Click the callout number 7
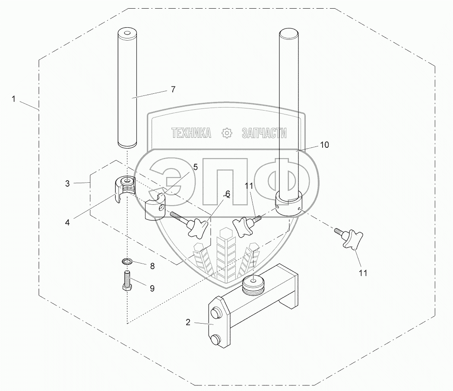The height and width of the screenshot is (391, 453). (x=173, y=89)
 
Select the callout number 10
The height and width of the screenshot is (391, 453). (x=325, y=145)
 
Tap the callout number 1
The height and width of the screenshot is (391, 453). (x=13, y=99)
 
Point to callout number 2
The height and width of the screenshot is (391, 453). (x=188, y=322)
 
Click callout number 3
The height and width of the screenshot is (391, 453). (x=67, y=184)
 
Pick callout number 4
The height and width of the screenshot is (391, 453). (x=67, y=222)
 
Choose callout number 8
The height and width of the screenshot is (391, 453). (x=152, y=266)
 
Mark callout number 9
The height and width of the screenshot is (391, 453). (x=152, y=289)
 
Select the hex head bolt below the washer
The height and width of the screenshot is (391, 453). (x=127, y=280)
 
